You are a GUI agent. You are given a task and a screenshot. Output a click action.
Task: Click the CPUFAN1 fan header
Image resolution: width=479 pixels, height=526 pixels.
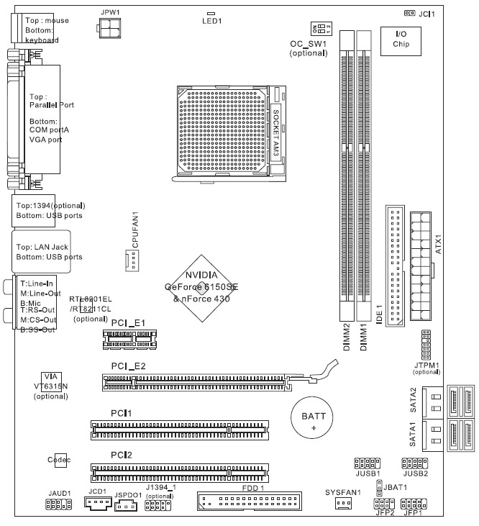coord(131,260)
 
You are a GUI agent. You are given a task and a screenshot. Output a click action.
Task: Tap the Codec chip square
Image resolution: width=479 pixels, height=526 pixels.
coord(59,459)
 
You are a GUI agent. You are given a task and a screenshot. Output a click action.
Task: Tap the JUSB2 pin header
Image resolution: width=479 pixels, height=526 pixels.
coord(416,464)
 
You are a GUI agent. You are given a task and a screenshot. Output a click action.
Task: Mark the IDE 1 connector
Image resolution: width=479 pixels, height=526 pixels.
coord(395,266)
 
